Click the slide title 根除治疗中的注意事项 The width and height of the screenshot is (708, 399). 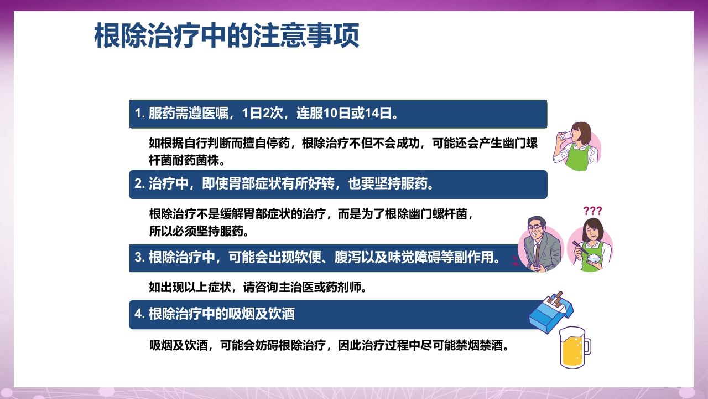[x=227, y=36]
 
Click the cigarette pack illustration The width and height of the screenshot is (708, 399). [x=550, y=313]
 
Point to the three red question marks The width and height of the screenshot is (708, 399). [x=592, y=211]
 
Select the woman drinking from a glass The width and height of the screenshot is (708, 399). [x=576, y=146]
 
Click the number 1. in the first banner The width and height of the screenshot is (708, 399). [x=139, y=114]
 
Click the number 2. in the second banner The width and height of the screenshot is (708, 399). [x=139, y=184]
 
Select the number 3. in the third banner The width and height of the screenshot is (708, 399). [x=139, y=258]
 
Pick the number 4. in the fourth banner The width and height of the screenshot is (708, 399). [x=139, y=314]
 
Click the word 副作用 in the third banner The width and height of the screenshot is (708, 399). [x=478, y=258]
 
